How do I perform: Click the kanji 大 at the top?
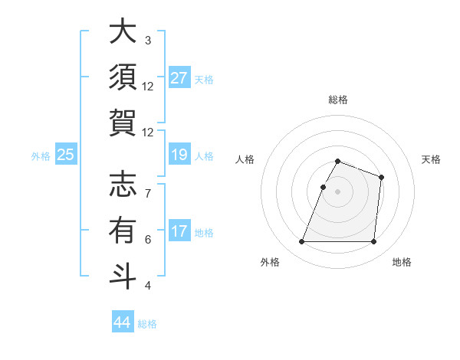click(123, 33)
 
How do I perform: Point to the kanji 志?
click(123, 185)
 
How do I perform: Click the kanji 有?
click(123, 229)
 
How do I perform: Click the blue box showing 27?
click(179, 78)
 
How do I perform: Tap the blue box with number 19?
click(179, 155)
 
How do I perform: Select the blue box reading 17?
click(179, 232)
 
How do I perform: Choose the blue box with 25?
click(66, 155)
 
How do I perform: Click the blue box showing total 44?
click(122, 322)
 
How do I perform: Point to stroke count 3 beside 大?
click(148, 41)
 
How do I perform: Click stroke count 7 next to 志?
click(148, 186)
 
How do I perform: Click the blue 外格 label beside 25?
click(41, 156)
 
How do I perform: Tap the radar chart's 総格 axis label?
click(338, 100)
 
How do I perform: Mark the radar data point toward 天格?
click(381, 177)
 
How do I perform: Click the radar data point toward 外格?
click(302, 242)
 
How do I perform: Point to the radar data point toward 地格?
click(373, 242)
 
